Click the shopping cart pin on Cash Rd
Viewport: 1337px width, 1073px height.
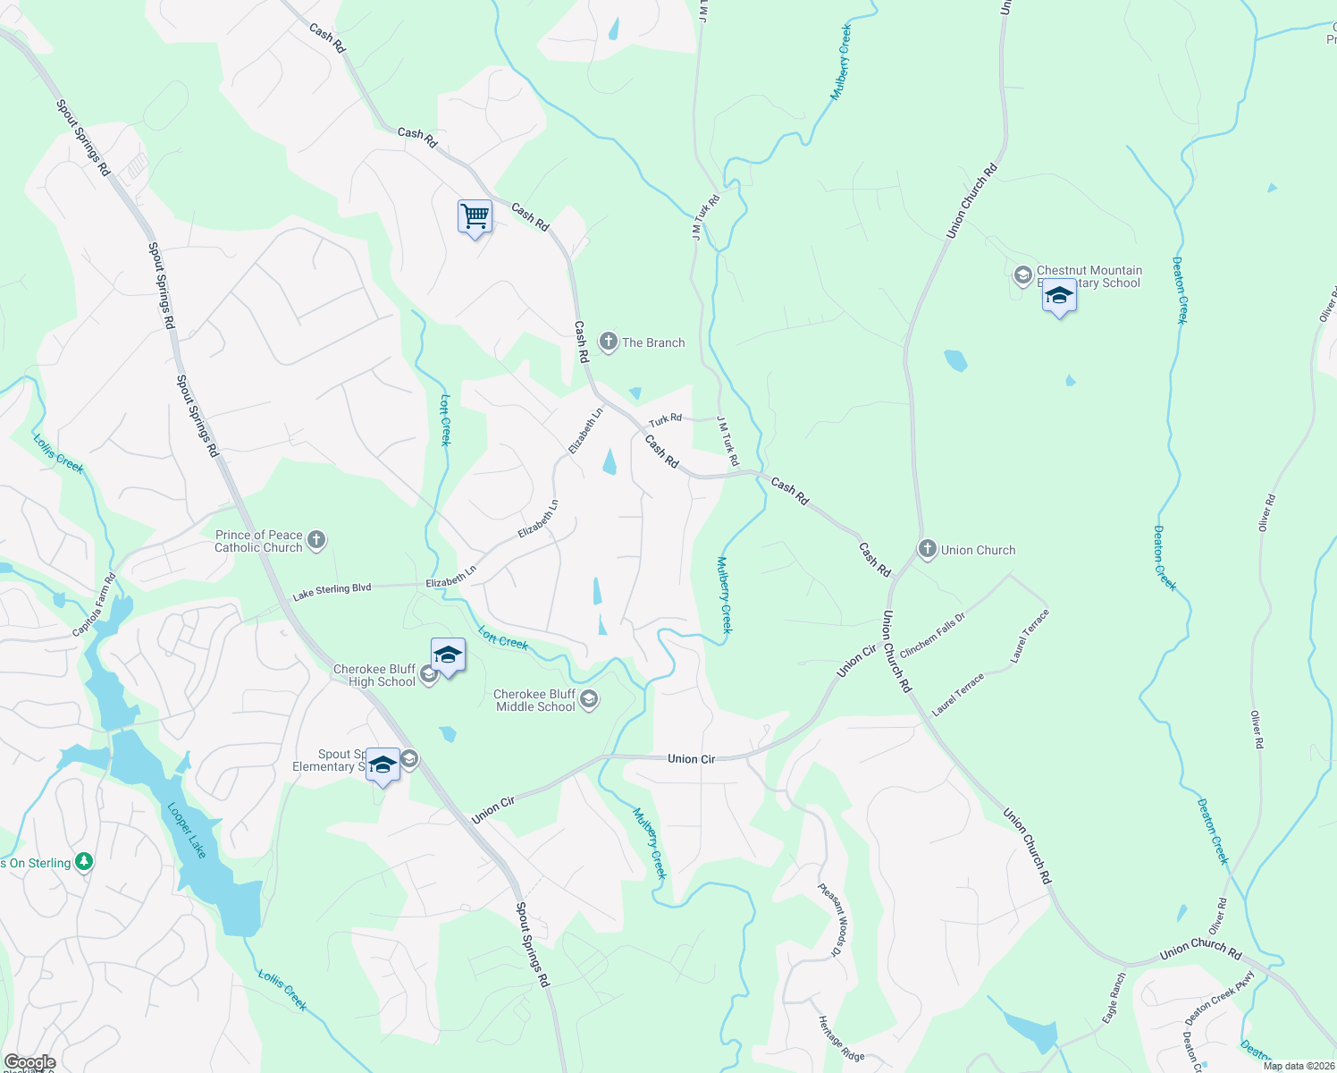tap(475, 216)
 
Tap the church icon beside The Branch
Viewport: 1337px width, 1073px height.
tap(609, 342)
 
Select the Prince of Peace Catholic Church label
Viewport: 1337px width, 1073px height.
tap(259, 541)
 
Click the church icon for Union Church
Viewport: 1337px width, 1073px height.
tap(928, 549)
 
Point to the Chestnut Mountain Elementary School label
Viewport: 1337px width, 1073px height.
tap(1089, 276)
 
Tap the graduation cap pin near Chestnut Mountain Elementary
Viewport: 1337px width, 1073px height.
tap(1059, 296)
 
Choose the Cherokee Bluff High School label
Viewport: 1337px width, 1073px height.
tap(374, 675)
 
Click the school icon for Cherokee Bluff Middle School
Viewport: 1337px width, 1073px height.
tap(589, 699)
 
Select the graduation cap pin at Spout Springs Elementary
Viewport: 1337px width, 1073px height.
tap(383, 765)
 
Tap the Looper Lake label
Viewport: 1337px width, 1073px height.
tap(187, 831)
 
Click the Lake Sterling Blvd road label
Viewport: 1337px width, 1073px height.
tap(332, 591)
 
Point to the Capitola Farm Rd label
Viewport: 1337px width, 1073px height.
tap(95, 605)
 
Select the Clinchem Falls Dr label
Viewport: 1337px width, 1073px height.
tap(932, 635)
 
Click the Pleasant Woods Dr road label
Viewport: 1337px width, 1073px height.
tap(831, 919)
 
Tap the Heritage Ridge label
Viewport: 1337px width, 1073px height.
tap(841, 1039)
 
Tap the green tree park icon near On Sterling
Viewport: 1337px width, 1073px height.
tap(84, 862)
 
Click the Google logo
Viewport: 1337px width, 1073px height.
tap(29, 1062)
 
